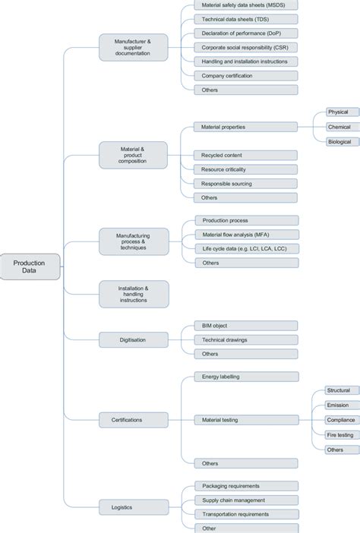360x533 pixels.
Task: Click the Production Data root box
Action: coord(29,266)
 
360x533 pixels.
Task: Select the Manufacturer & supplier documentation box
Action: coord(133,47)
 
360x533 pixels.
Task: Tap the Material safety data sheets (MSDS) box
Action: coord(240,6)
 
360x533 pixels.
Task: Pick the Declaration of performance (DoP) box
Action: coord(240,33)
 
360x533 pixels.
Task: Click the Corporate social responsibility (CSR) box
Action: coord(240,47)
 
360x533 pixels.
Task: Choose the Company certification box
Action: coord(240,76)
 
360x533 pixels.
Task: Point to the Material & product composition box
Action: coord(133,155)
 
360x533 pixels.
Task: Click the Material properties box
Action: coord(240,127)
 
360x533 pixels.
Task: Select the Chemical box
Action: coord(339,127)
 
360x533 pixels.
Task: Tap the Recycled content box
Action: coord(240,155)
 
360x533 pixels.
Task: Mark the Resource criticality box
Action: coord(240,169)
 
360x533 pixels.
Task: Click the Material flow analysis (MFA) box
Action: coord(240,235)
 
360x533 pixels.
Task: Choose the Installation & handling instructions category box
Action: coord(133,294)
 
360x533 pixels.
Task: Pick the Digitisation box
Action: coord(133,339)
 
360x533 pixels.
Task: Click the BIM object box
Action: coord(240,326)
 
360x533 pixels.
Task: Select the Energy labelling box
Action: coord(240,377)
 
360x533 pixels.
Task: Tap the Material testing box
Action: coord(240,419)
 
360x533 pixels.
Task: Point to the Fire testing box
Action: coord(339,434)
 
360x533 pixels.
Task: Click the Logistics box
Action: coord(133,506)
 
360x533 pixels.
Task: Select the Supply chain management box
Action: coord(240,500)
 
